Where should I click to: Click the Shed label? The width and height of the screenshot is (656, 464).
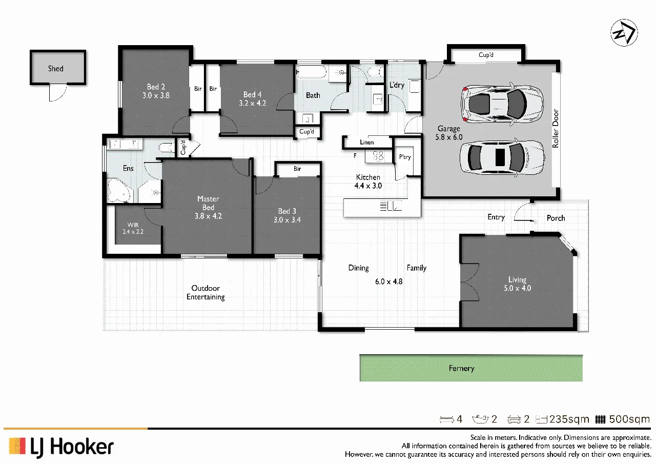56,69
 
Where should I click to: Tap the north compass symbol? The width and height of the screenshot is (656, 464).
624,32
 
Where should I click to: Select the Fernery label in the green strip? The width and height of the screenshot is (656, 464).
461,368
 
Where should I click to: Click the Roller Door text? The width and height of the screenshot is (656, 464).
556,129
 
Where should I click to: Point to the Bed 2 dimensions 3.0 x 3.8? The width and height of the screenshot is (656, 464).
156,95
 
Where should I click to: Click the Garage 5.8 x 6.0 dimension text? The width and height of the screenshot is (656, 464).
448,137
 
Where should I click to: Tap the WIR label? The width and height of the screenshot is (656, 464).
133,225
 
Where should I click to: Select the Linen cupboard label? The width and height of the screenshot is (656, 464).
366,143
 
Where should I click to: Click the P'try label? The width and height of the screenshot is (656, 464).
405,157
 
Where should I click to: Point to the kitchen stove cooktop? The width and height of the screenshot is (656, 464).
378,156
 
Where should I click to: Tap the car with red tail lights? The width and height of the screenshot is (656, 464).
502,104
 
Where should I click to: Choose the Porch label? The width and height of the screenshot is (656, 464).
556,218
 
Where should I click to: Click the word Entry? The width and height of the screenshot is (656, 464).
496,217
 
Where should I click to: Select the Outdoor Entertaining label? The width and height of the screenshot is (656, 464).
206,292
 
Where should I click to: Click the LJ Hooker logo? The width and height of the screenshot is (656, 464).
61,447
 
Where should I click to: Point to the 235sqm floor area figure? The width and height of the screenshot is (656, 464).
569,419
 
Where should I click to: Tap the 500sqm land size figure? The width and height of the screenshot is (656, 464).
629,419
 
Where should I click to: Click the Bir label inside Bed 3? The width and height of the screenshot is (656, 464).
297,169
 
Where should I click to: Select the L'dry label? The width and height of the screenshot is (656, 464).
397,85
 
